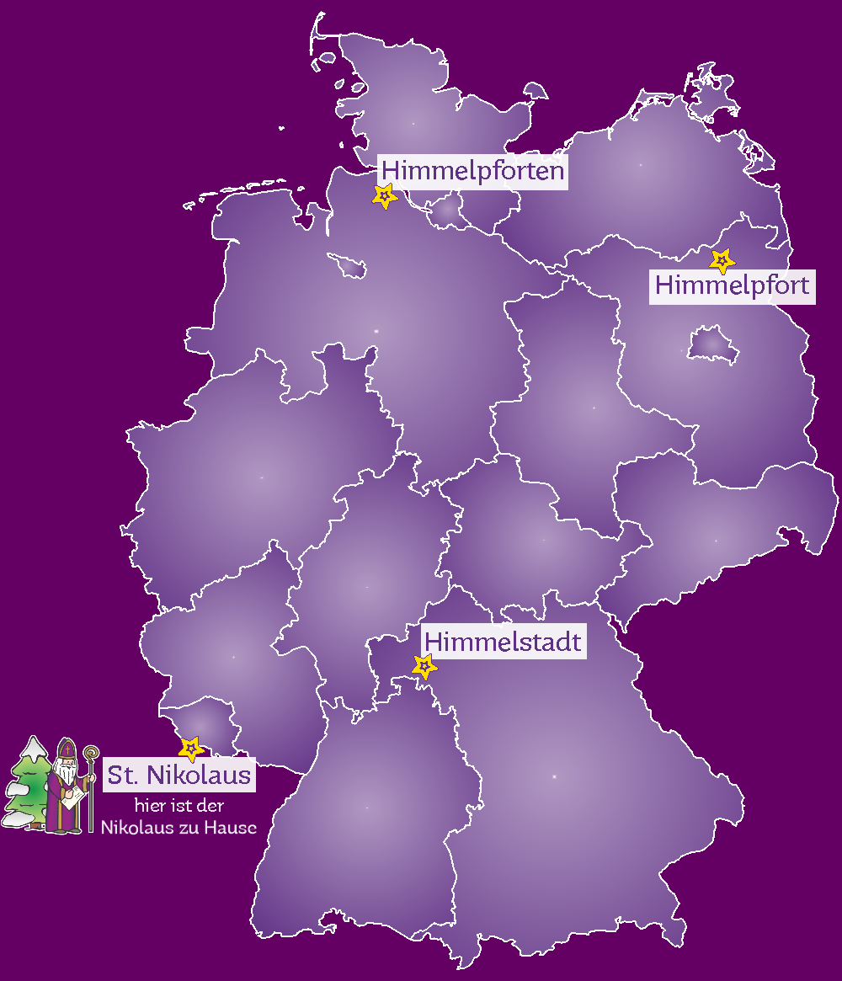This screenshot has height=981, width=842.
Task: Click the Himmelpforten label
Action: point(472,171)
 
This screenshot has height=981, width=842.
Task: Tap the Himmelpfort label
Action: point(733,285)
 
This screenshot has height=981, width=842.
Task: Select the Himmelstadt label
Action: point(503,642)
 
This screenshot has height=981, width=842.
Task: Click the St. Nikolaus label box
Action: point(179,775)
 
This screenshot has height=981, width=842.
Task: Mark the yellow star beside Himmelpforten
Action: point(385,196)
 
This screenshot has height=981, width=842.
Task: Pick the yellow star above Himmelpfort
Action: point(722,260)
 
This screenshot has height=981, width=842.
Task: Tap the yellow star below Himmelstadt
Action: point(425,667)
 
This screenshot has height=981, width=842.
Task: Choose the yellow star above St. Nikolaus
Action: point(192,748)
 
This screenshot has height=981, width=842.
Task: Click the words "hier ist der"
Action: point(179,806)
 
